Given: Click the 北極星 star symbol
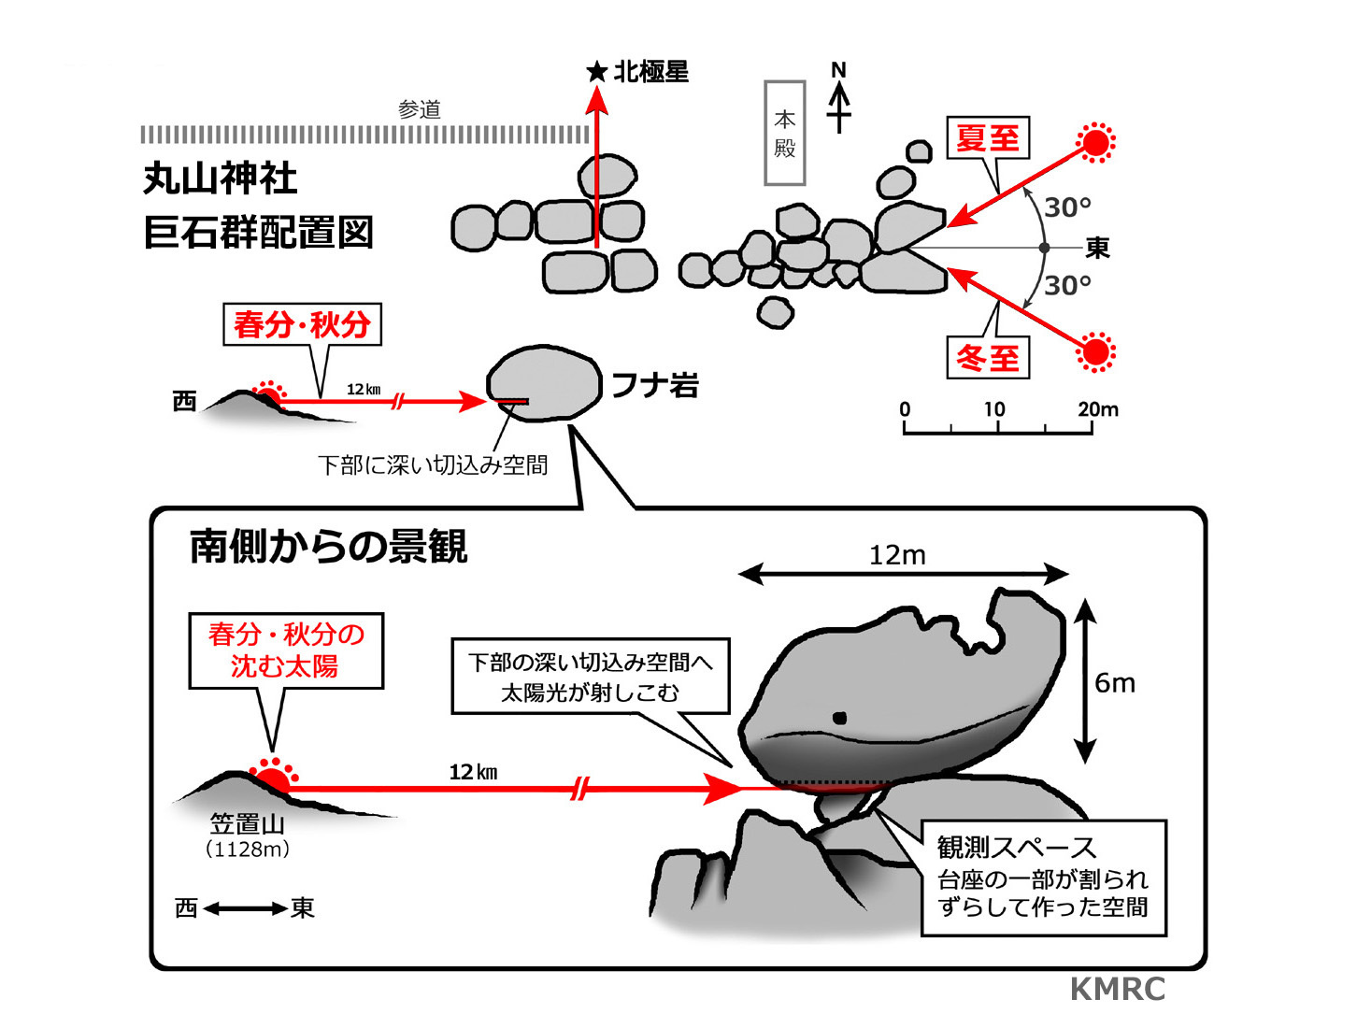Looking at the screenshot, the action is [x=596, y=72].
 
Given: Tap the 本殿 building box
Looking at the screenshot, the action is [x=784, y=133].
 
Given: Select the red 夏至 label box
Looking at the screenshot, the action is [x=988, y=138].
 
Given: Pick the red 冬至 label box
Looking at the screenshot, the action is [x=988, y=357].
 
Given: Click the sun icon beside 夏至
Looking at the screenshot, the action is [x=1095, y=143].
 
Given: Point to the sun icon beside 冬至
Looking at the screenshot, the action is [x=1095, y=352].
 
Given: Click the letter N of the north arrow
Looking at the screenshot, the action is [x=838, y=70].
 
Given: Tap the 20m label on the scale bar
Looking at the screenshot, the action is [x=1098, y=409].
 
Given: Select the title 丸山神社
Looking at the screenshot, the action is [x=220, y=178].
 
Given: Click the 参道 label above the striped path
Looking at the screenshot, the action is [x=419, y=109].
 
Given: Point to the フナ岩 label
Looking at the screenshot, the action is [x=655, y=385].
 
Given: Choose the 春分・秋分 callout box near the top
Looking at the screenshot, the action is [x=302, y=324].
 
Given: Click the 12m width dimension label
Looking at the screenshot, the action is [x=897, y=555].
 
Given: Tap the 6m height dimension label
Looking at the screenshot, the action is [x=1115, y=683].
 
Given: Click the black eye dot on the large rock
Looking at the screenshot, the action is [x=839, y=718].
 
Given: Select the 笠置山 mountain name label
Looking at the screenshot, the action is [x=248, y=823].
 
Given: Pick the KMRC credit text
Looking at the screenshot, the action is [x=1118, y=989].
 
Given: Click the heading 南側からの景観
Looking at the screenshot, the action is [x=328, y=547].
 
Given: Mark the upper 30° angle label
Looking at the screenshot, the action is [x=1067, y=207].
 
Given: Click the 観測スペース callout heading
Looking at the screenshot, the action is [x=1017, y=848].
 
